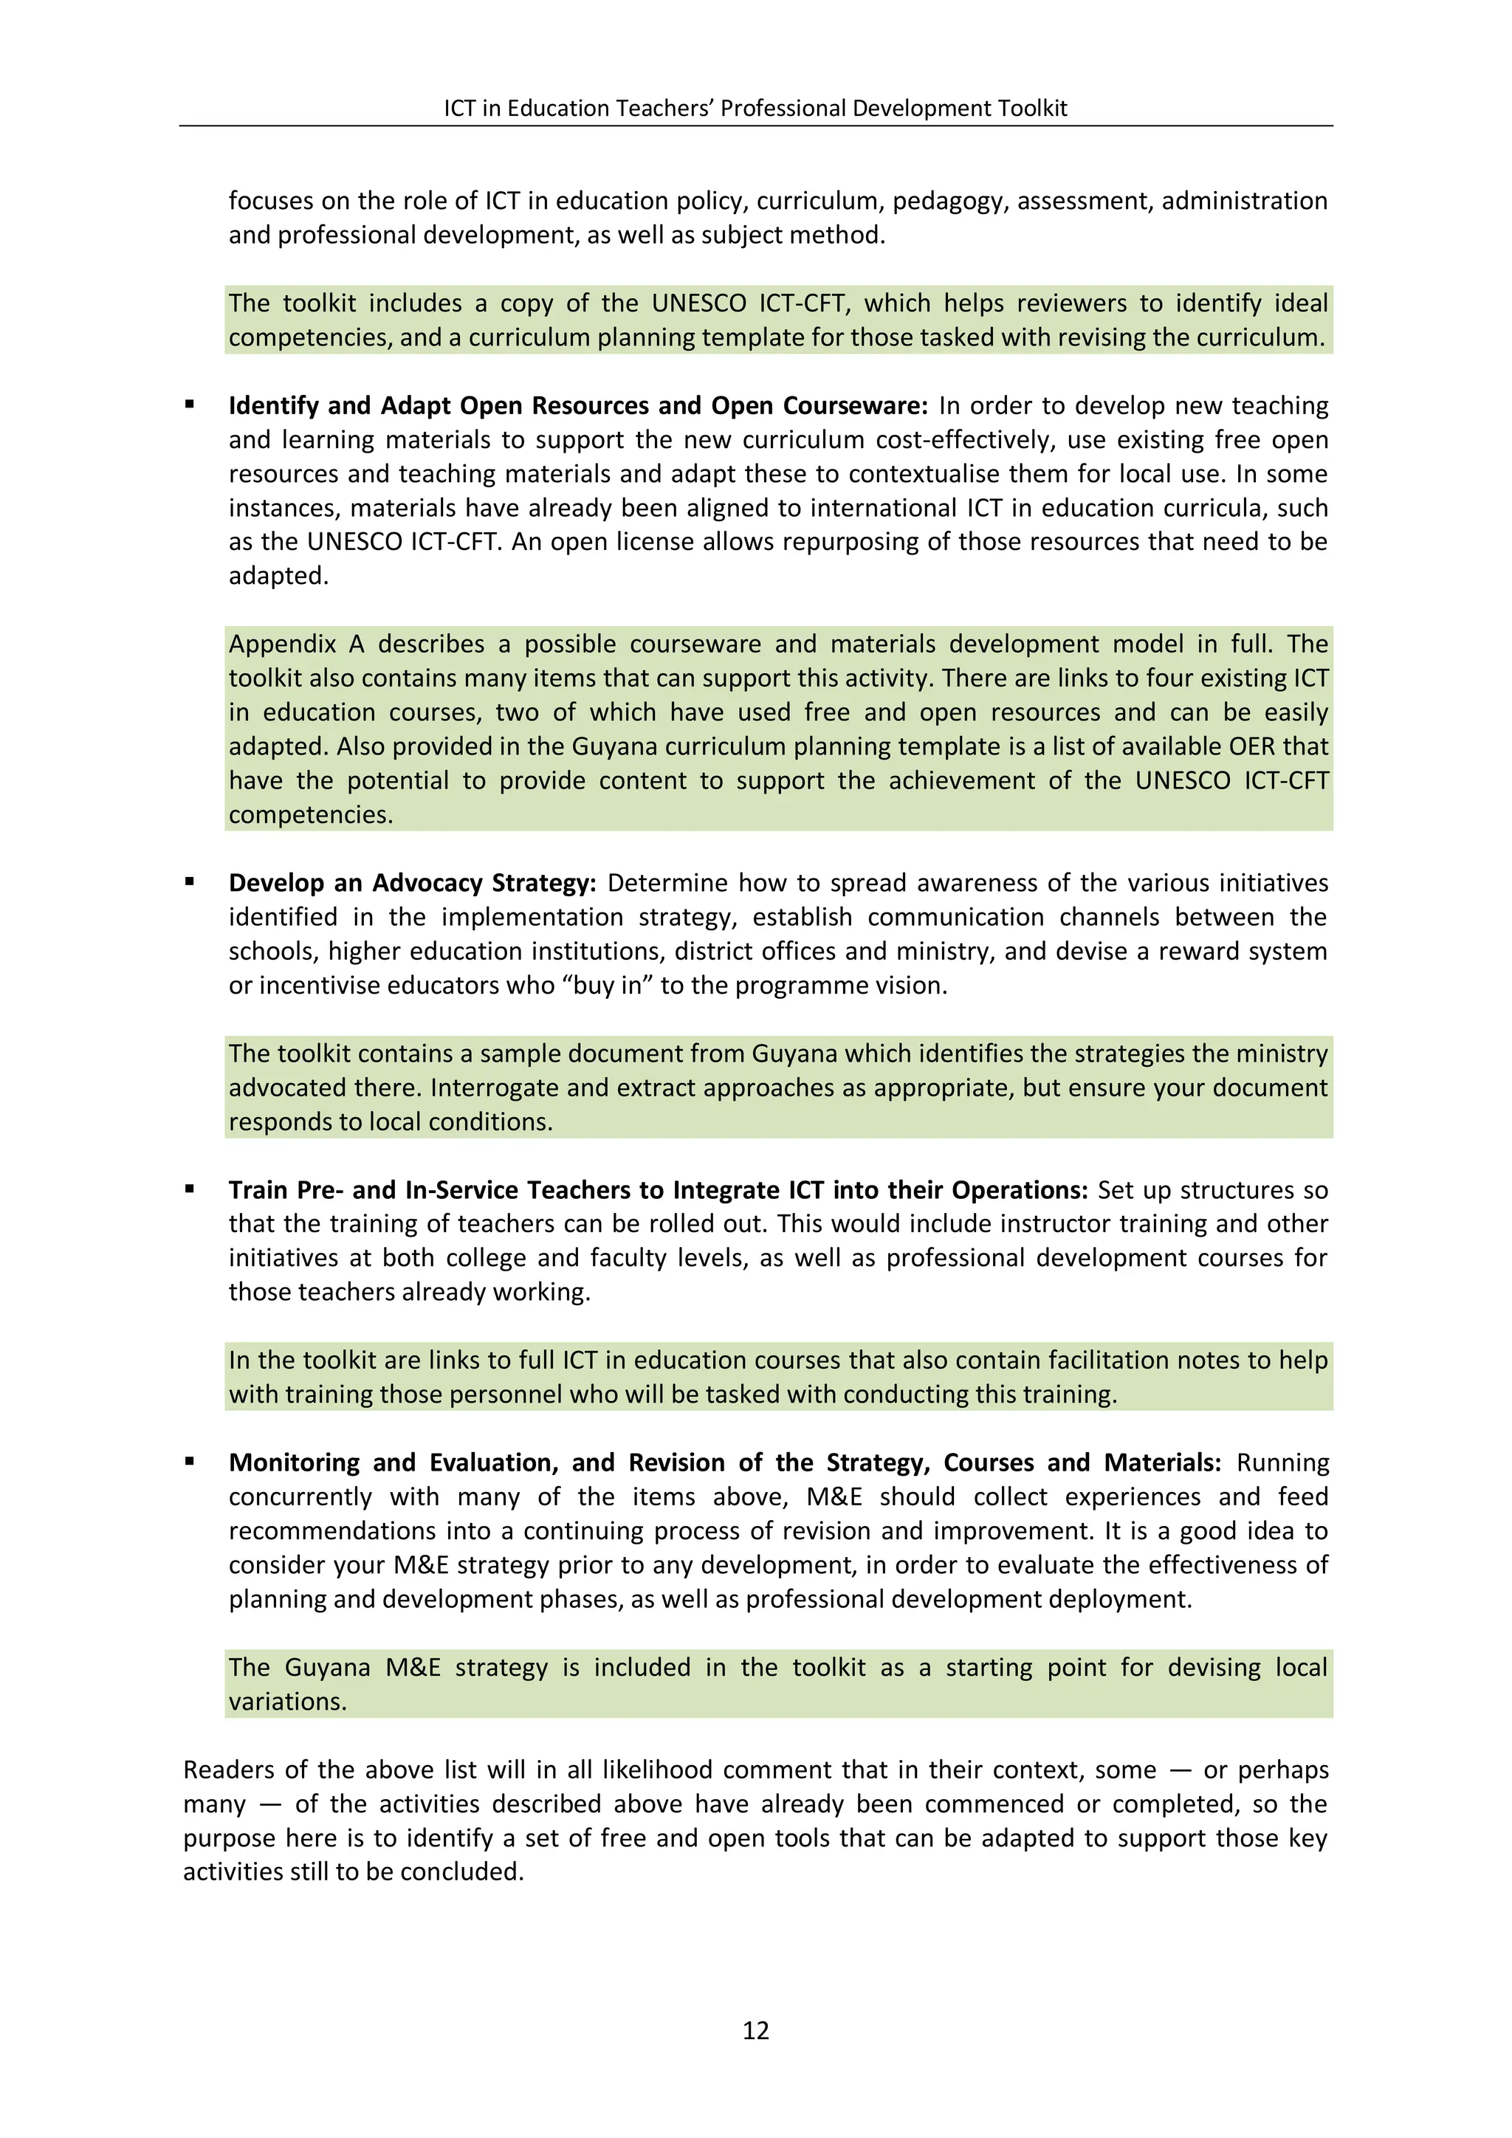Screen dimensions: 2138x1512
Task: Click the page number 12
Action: pyautogui.click(x=755, y=2030)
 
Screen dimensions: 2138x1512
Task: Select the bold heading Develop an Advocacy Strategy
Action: pyautogui.click(x=411, y=883)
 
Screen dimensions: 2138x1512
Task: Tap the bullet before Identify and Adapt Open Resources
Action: pyautogui.click(x=190, y=404)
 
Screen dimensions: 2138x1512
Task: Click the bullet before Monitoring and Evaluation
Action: pyautogui.click(x=190, y=1461)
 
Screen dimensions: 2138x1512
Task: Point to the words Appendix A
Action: pyautogui.click(x=296, y=645)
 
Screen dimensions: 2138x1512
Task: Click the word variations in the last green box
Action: pyautogui.click(x=286, y=1701)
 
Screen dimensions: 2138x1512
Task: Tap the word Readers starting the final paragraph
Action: pyautogui.click(x=228, y=1770)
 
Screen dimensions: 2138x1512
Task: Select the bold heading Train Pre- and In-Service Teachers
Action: pyautogui.click(x=657, y=1190)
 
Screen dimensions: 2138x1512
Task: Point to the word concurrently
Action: pyautogui.click(x=300, y=1496)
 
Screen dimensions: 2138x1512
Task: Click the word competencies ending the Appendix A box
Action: pyautogui.click(x=310, y=815)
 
